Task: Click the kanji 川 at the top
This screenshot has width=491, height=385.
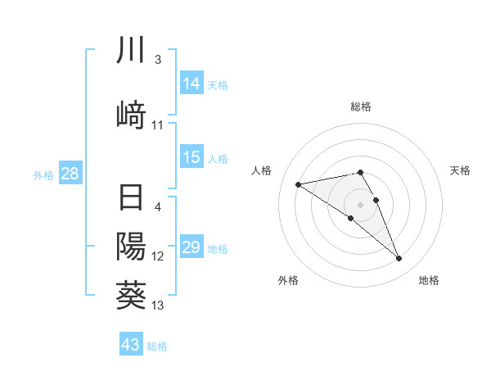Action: pyautogui.click(x=131, y=51)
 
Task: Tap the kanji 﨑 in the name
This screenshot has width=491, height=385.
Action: pyautogui.click(x=131, y=114)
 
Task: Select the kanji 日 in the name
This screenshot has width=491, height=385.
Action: pyautogui.click(x=131, y=199)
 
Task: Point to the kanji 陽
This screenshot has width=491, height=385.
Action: pyautogui.click(x=131, y=246)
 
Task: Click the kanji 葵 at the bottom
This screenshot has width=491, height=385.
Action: pyautogui.click(x=131, y=293)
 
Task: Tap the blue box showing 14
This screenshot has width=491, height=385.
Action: pyautogui.click(x=191, y=83)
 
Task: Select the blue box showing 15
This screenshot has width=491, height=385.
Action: pyautogui.click(x=191, y=157)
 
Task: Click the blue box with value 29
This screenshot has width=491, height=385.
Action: pyautogui.click(x=191, y=248)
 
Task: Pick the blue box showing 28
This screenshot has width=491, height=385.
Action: pyautogui.click(x=70, y=174)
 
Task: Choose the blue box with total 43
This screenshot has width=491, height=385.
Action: pyautogui.click(x=131, y=345)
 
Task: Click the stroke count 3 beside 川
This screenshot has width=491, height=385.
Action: pyautogui.click(x=158, y=61)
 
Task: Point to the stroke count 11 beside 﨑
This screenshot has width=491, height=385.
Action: pyautogui.click(x=158, y=125)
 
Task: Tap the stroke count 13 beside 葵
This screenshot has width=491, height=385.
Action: pyautogui.click(x=158, y=306)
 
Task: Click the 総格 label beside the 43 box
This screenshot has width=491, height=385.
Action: pyautogui.click(x=158, y=346)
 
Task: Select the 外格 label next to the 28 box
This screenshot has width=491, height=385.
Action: pyautogui.click(x=43, y=174)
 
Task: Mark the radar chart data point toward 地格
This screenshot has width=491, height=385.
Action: pyautogui.click(x=399, y=259)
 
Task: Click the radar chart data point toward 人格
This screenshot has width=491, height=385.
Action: pyautogui.click(x=299, y=183)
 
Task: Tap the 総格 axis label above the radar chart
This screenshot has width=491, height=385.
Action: pyautogui.click(x=361, y=106)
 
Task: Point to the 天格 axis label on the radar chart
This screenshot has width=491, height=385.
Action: pyautogui.click(x=461, y=170)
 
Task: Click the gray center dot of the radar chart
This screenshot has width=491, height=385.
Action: pyautogui.click(x=361, y=204)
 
